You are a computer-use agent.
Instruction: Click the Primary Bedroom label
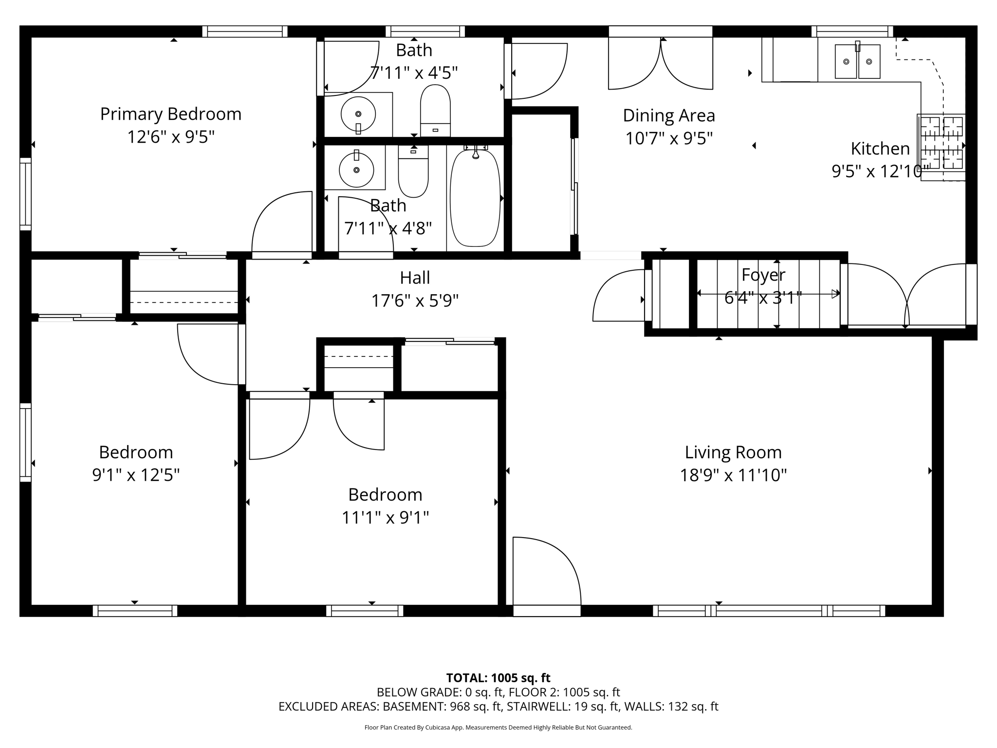pos(171,114)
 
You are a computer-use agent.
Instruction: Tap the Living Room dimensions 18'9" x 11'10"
pos(733,475)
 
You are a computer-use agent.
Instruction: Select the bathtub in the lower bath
pos(475,197)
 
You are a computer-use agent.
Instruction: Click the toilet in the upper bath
pos(435,111)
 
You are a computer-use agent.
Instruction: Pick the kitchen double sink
pos(858,61)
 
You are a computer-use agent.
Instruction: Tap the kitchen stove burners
pos(941,143)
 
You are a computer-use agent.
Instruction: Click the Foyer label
pos(763,275)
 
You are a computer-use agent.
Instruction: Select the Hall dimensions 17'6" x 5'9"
pos(415,301)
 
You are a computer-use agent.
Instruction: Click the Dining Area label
pos(669,116)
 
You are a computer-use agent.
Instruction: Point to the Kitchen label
pos(880,149)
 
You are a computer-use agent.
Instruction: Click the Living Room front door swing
pos(547,571)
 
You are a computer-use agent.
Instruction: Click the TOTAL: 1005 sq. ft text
pos(498,678)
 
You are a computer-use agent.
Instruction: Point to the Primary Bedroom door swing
pos(282,222)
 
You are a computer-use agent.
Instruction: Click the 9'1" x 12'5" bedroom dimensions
pos(136,475)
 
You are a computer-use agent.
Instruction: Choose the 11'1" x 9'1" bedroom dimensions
pos(385,517)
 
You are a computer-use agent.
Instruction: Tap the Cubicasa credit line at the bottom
pos(498,728)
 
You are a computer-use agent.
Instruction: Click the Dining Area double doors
pos(661,63)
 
